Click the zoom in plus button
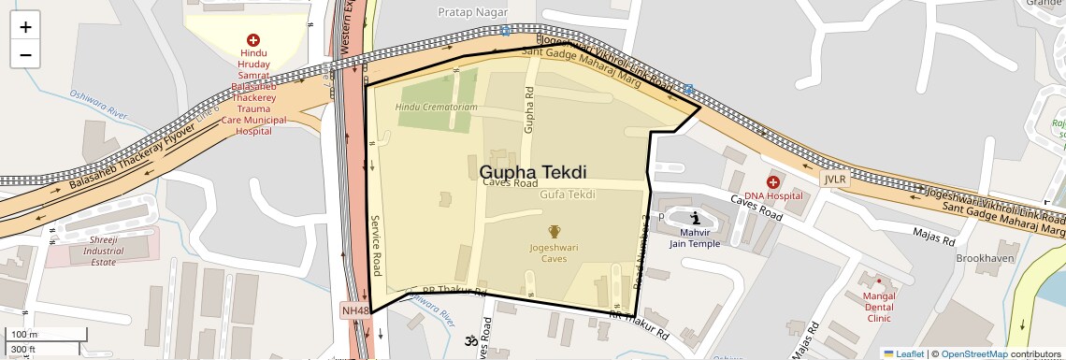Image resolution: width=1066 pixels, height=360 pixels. [25, 27]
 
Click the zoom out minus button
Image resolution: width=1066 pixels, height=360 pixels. [25, 54]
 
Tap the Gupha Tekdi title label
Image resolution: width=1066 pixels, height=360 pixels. [533, 172]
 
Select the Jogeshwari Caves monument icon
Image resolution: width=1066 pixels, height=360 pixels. [555, 231]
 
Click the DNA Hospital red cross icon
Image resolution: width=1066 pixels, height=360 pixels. [773, 181]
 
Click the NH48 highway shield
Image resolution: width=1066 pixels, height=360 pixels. [354, 310]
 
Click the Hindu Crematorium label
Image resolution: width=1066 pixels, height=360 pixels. [437, 108]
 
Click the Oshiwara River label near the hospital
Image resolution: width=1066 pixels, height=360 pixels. [97, 102]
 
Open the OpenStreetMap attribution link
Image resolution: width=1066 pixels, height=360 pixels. [973, 353]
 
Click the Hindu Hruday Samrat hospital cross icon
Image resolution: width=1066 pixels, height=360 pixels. [252, 40]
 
